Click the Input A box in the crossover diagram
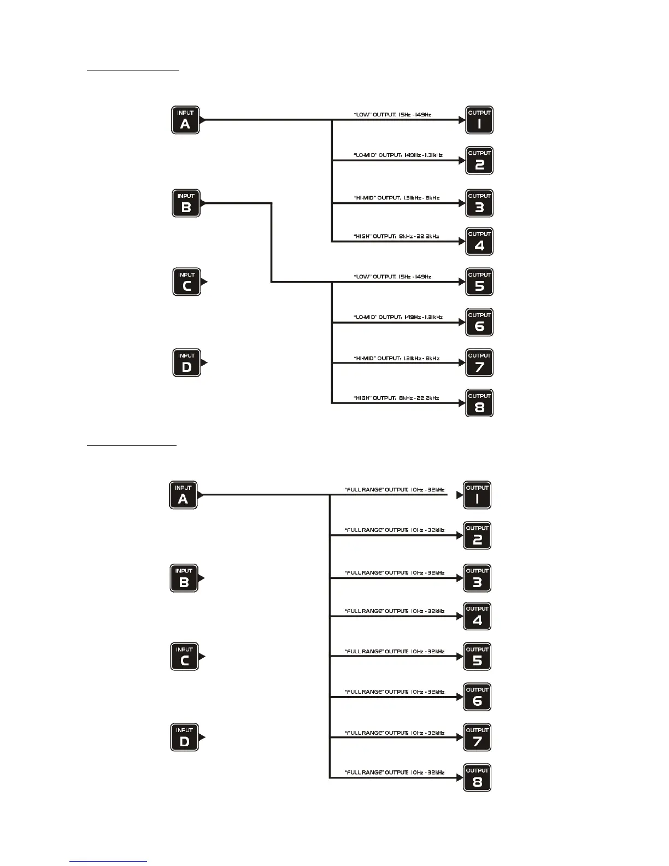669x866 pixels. pyautogui.click(x=185, y=120)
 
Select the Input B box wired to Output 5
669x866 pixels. pyautogui.click(x=186, y=203)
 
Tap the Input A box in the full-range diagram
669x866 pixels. pyautogui.click(x=183, y=495)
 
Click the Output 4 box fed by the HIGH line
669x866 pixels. pyautogui.click(x=479, y=241)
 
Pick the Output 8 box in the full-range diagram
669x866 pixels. pyautogui.click(x=477, y=777)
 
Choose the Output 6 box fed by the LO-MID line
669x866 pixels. pyautogui.click(x=479, y=322)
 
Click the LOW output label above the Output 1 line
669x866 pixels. pyautogui.click(x=392, y=115)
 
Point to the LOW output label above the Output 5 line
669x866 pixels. pyautogui.click(x=392, y=277)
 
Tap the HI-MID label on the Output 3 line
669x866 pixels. pyautogui.click(x=396, y=197)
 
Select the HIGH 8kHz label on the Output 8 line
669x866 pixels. pyautogui.click(x=396, y=398)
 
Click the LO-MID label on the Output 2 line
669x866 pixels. pyautogui.click(x=398, y=155)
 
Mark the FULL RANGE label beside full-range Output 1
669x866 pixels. pyautogui.click(x=395, y=490)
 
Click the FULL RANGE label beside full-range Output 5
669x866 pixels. pyautogui.click(x=395, y=652)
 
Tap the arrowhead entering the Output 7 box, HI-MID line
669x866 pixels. pyautogui.click(x=462, y=363)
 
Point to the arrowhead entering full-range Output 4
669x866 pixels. pyautogui.click(x=460, y=616)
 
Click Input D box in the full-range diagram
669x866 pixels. pyautogui.click(x=184, y=738)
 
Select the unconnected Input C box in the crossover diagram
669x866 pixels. pyautogui.click(x=186, y=282)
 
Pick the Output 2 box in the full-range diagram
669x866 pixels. pyautogui.click(x=477, y=535)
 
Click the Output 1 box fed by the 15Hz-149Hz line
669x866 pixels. pyautogui.click(x=479, y=120)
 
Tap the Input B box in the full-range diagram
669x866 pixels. pyautogui.click(x=184, y=578)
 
